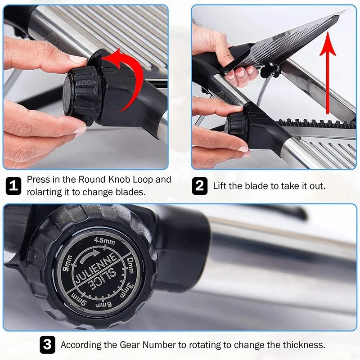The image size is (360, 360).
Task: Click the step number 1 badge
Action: coord(13,185)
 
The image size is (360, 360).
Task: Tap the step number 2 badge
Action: coord(199,186)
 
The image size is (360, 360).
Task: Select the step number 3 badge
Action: coord(47,344)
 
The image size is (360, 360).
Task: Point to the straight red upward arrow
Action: coord(328,73)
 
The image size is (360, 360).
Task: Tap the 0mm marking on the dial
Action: coord(130,265)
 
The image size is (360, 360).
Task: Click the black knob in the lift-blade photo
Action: coord(237,127)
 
